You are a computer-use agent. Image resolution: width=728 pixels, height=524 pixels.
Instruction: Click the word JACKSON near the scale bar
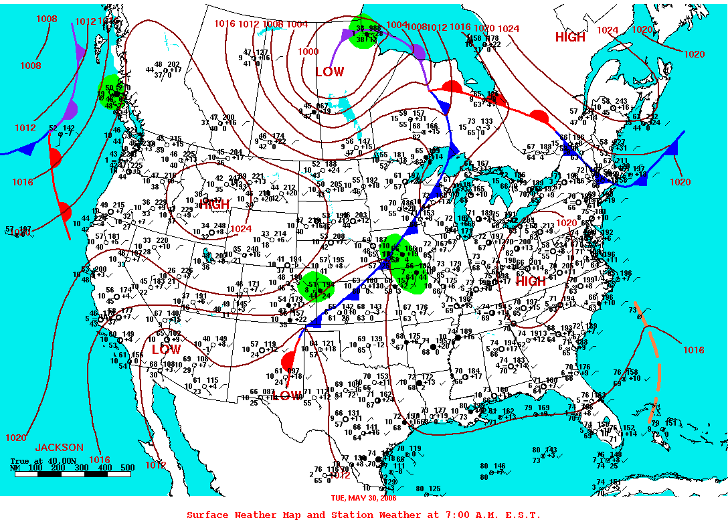(x=60, y=447)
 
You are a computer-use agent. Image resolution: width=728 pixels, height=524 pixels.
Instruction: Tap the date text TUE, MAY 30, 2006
(x=363, y=498)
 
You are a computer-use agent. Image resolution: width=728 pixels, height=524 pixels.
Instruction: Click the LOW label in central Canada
(x=329, y=72)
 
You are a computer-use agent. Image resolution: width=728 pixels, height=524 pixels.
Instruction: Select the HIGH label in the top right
(x=570, y=37)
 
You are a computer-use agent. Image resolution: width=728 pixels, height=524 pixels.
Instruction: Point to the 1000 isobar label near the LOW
(x=308, y=52)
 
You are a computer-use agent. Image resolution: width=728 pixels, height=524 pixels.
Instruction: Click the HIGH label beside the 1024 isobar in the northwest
(x=215, y=204)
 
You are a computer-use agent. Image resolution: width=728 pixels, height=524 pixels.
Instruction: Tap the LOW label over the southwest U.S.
(x=165, y=349)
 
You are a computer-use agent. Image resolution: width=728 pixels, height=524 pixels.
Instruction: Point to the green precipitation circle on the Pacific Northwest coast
(x=112, y=94)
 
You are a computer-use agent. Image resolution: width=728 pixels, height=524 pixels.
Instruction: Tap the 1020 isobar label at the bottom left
(x=16, y=438)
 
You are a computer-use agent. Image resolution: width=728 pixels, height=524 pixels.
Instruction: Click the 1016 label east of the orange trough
(x=693, y=350)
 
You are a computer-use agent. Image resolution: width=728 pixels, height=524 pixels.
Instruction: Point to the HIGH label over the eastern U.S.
(x=531, y=281)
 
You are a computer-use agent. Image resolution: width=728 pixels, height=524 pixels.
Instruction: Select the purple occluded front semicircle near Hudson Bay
(x=418, y=52)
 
